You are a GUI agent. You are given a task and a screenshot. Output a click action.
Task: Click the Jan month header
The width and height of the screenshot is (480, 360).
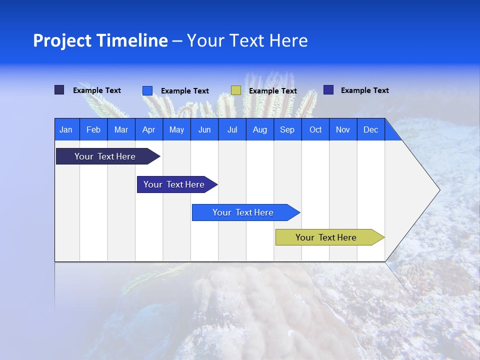click(x=66, y=129)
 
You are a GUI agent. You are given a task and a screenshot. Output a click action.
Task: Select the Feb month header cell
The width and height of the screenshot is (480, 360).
click(x=93, y=129)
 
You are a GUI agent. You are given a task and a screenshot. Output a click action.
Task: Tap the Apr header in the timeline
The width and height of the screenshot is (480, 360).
click(x=149, y=129)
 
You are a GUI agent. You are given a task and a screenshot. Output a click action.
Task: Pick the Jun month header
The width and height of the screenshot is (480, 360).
click(x=204, y=129)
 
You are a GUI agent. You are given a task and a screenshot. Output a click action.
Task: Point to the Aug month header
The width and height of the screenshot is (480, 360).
click(x=260, y=129)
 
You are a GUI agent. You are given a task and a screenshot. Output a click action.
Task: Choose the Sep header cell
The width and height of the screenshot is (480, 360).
click(x=287, y=129)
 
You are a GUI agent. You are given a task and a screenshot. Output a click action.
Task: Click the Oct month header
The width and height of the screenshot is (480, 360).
click(x=315, y=129)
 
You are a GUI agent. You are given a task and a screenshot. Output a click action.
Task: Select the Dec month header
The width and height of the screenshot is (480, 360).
click(x=371, y=129)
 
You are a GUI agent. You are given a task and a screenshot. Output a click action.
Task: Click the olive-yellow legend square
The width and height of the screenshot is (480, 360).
click(x=236, y=90)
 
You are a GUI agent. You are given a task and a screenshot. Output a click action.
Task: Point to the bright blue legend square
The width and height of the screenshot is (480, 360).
click(x=147, y=90)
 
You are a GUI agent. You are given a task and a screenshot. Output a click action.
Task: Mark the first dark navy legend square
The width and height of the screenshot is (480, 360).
click(x=59, y=90)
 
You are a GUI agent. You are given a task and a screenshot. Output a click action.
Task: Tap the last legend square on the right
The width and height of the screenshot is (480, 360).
click(x=328, y=90)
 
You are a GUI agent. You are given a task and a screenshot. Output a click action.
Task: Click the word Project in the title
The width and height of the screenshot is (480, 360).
click(x=62, y=40)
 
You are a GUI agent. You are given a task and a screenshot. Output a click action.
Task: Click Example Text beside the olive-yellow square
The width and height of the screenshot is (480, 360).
click(x=273, y=91)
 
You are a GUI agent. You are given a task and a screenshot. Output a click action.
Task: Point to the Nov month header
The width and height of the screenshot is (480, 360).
click(x=343, y=129)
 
